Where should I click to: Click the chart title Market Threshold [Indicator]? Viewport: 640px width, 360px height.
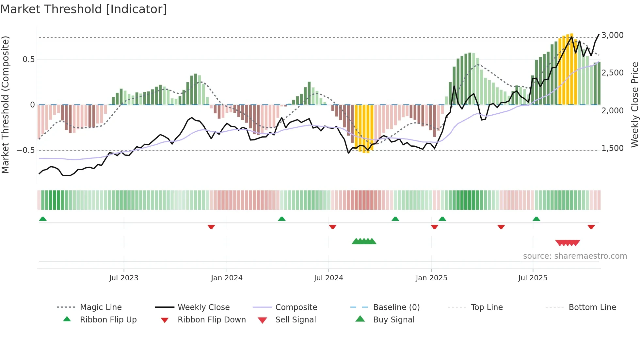84,9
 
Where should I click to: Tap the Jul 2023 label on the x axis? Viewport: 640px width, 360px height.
124,278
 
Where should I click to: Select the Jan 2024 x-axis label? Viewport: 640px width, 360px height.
227,278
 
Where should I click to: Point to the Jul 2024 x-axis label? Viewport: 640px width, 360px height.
328,278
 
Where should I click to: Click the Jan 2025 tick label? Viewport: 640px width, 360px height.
431,278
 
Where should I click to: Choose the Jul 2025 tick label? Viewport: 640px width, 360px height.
533,278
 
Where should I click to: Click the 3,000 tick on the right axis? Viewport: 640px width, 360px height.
613,35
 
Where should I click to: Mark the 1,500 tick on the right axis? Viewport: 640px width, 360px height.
613,148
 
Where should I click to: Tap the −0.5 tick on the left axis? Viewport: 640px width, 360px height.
26,150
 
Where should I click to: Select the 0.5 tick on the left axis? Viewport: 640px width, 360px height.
28,59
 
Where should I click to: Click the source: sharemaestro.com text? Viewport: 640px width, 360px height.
575,256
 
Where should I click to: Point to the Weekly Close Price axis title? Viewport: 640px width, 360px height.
634,105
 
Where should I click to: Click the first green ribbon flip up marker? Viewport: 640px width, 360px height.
43,219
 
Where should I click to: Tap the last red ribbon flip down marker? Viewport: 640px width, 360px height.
591,227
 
